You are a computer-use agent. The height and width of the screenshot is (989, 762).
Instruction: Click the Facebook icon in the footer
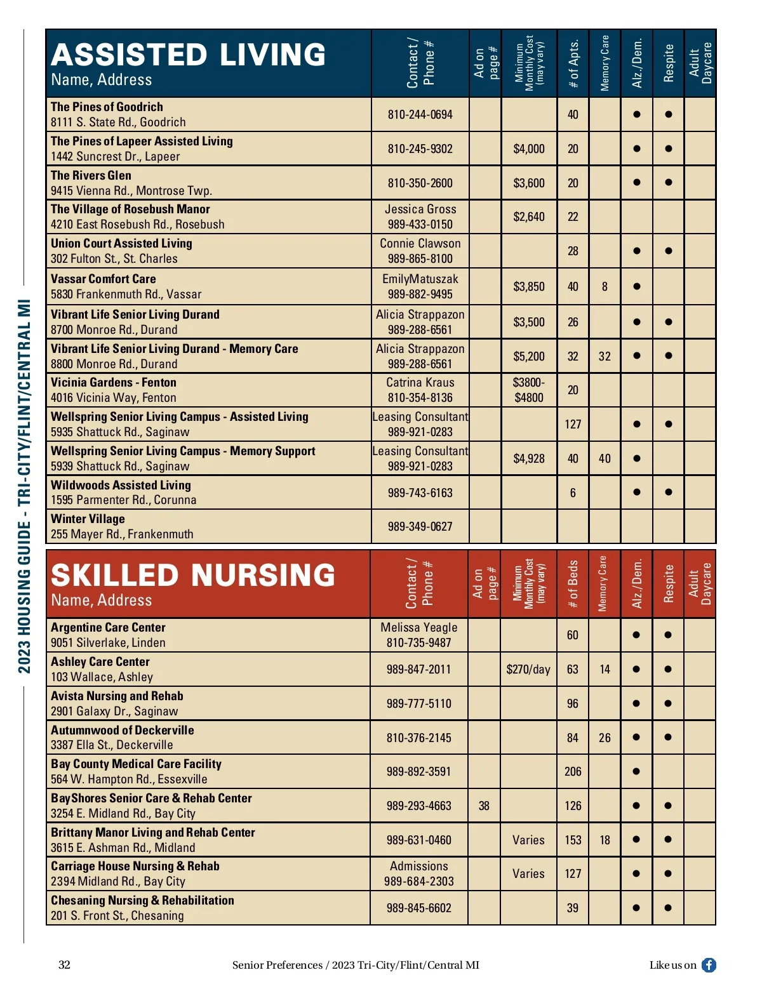[x=709, y=965]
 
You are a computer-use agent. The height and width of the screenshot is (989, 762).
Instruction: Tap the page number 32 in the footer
[x=64, y=965]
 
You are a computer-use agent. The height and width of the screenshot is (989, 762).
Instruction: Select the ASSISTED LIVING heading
[x=188, y=55]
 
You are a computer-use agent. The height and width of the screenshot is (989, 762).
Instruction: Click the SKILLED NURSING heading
[x=192, y=576]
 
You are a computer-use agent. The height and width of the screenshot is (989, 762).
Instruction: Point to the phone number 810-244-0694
[x=420, y=115]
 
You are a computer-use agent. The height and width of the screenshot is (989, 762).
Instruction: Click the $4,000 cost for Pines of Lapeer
[x=529, y=149]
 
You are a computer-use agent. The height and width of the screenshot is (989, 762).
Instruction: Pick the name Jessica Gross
[x=420, y=209]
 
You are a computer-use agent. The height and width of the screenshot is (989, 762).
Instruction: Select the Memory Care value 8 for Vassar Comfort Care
[x=605, y=287]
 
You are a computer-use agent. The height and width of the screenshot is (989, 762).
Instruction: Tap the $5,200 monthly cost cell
[x=529, y=356]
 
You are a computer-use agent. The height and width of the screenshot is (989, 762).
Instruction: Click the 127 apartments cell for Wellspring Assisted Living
[x=573, y=424]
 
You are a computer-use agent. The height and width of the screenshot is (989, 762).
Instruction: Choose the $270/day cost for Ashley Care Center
[x=528, y=670]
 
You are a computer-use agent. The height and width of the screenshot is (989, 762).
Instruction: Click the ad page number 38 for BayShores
[x=484, y=806]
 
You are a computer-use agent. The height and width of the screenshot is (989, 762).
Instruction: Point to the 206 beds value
[x=573, y=772]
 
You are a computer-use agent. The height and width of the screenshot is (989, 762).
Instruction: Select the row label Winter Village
[x=88, y=519]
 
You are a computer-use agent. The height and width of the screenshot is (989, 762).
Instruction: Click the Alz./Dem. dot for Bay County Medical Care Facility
[x=636, y=772]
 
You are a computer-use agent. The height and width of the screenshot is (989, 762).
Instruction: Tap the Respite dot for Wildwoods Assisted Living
[x=668, y=493]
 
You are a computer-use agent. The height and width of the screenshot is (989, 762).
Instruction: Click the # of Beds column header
[x=573, y=584]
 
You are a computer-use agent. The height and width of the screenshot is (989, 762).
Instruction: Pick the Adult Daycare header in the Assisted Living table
[x=700, y=63]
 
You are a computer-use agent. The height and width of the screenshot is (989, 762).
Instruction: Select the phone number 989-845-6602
[x=418, y=908]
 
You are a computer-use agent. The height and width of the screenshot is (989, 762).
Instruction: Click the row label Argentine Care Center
[x=108, y=628]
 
